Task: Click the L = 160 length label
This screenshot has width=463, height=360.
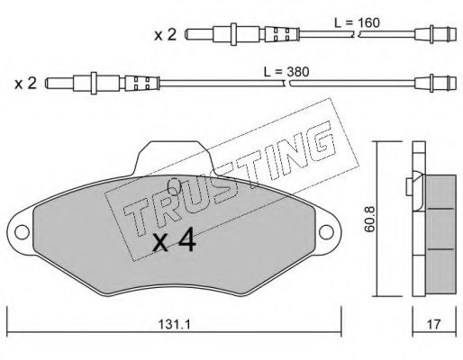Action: tap(357, 22)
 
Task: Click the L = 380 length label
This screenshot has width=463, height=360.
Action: tap(286, 72)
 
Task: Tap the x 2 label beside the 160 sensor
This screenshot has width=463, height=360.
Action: tap(165, 35)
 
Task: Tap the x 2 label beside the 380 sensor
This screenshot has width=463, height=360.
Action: tap(25, 83)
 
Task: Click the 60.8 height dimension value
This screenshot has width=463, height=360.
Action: tap(369, 219)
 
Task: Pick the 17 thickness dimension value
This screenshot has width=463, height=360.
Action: tap(433, 324)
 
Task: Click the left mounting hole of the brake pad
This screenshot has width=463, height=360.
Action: tap(22, 232)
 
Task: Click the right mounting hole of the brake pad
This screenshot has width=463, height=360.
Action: tap(326, 232)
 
